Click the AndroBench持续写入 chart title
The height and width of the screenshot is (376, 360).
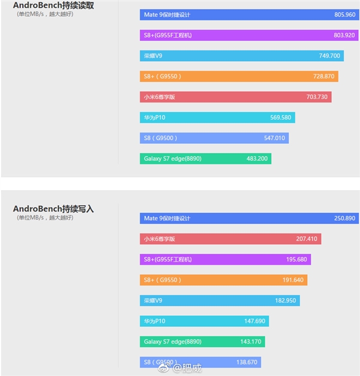pyautogui.click(x=53, y=209)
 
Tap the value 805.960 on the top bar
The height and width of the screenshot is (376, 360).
pyautogui.click(x=345, y=14)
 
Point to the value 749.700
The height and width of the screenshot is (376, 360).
pyautogui.click(x=329, y=56)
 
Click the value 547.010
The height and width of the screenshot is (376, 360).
pyautogui.click(x=274, y=138)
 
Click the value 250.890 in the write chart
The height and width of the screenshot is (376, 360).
pyautogui.click(x=345, y=218)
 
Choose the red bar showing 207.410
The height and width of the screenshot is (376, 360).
pyautogui.click(x=230, y=239)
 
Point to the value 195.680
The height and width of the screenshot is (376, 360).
pyautogui.click(x=296, y=260)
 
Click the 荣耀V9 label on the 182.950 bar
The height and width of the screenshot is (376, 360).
pyautogui.click(x=152, y=300)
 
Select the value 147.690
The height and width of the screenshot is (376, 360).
pyautogui.click(x=254, y=321)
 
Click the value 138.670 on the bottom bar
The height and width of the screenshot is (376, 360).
pyautogui.click(x=247, y=362)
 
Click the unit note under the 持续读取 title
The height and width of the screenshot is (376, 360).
pyautogui.click(x=45, y=14)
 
